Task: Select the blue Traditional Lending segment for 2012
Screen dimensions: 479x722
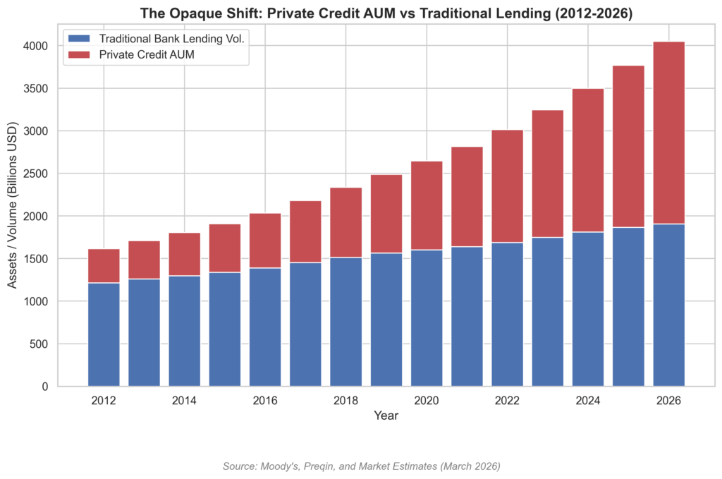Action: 104,334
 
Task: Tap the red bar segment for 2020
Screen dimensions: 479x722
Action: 427,205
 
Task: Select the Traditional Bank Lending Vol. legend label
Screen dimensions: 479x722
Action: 172,38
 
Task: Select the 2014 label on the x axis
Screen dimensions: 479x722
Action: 184,401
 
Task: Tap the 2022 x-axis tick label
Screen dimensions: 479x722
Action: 507,401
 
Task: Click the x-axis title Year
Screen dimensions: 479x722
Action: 386,416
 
